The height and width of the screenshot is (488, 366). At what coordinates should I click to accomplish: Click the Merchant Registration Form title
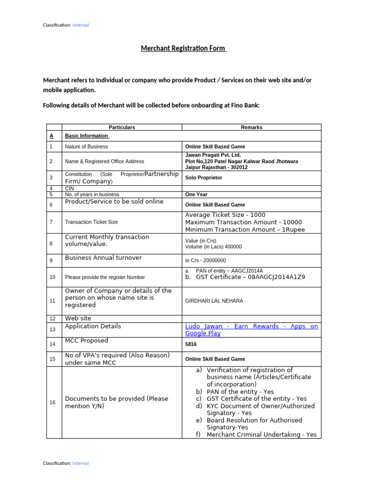(183, 49)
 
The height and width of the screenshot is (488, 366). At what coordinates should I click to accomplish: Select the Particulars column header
(122, 127)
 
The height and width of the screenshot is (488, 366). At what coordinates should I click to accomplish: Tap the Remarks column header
(252, 127)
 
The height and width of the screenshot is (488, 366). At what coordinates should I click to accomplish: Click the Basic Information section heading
(87, 136)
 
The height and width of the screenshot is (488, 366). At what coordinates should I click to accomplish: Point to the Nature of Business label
(86, 147)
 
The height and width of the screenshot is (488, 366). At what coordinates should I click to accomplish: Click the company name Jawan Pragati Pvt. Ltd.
(213, 155)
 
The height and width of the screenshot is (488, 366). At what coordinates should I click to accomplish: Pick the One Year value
(196, 194)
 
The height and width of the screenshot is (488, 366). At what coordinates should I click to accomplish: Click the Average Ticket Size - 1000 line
(225, 215)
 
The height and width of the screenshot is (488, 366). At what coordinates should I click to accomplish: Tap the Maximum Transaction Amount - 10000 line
(243, 222)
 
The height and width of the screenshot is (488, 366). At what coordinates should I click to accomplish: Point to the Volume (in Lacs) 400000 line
(213, 247)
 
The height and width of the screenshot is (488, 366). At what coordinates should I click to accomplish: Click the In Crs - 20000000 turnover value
(205, 261)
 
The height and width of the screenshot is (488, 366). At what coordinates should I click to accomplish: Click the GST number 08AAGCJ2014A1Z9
(274, 277)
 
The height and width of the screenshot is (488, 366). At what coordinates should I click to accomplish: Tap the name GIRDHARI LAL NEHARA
(214, 301)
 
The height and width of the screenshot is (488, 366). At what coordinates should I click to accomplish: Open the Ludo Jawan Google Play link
(251, 330)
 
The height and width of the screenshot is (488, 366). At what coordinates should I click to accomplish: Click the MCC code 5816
(191, 344)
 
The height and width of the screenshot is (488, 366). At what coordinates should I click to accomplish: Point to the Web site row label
(78, 318)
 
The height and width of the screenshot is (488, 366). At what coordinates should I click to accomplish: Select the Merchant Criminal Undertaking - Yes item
(262, 435)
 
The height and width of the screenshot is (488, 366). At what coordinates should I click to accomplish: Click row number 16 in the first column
(52, 403)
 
